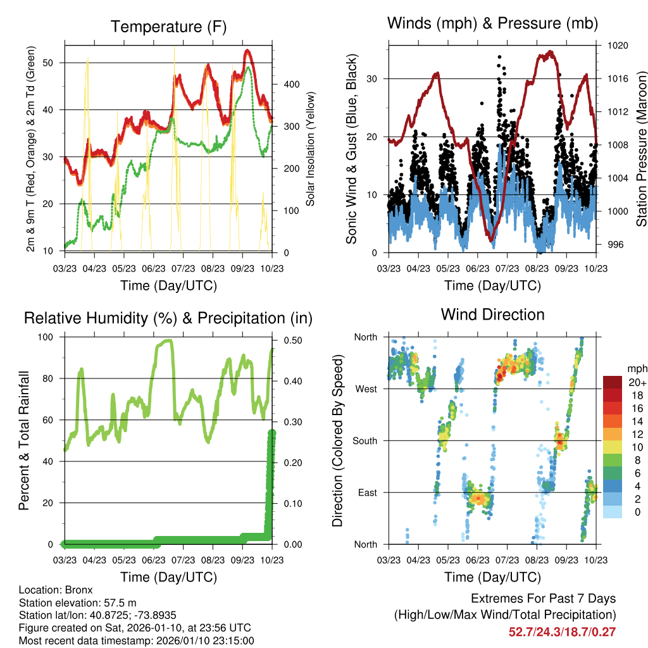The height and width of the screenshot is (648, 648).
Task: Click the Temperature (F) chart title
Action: (x=168, y=27)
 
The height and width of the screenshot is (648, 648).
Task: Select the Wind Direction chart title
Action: (x=492, y=314)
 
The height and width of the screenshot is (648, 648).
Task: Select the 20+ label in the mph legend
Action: (x=636, y=382)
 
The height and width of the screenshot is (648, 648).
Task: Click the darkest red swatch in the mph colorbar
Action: (x=612, y=382)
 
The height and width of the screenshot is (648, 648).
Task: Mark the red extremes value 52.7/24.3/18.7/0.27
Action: (x=562, y=632)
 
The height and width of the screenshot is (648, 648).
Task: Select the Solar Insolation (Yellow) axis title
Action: (x=311, y=148)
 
